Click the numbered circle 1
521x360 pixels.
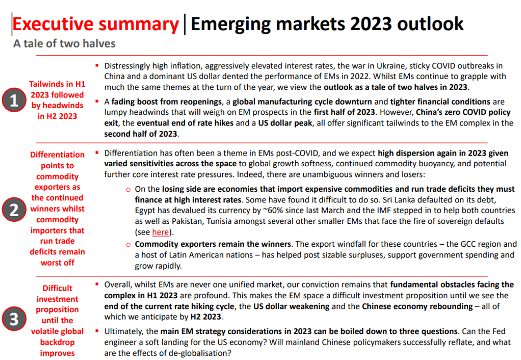point(14,100)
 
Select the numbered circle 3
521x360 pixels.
point(14,319)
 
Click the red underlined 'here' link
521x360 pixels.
point(160,232)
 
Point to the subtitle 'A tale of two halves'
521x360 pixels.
point(64,43)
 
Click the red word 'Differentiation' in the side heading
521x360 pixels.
point(57,155)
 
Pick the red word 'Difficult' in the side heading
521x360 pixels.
point(57,288)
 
